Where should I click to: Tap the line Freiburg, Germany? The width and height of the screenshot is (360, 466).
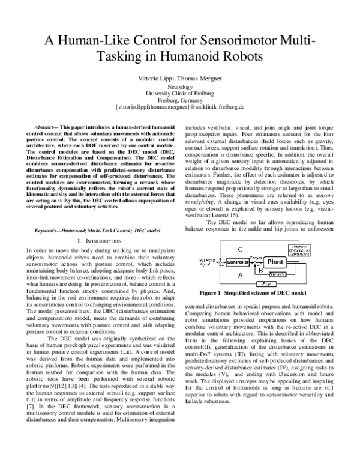pyautogui.click(x=179, y=100)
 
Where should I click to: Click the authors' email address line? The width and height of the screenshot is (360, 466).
pyautogui.click(x=179, y=107)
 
